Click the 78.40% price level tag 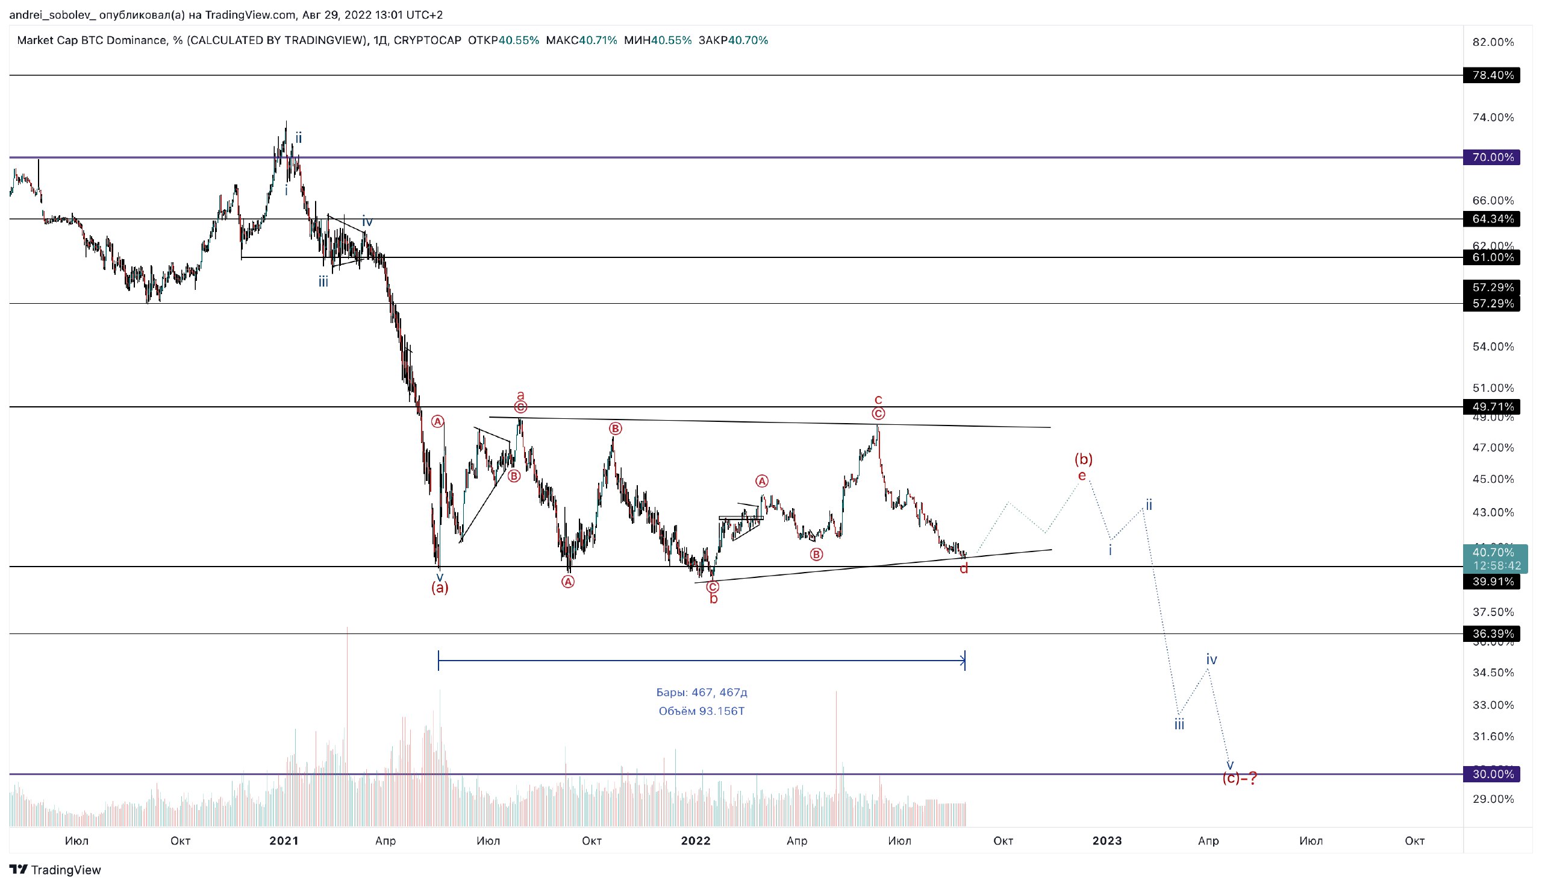pos(1492,75)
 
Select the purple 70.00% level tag pos(1492,157)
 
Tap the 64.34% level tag pos(1492,219)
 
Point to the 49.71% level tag pos(1492,406)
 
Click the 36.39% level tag pos(1492,634)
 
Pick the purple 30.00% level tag pos(1492,774)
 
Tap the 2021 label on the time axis pos(284,841)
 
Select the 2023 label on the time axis pos(1107,841)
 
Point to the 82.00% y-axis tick pos(1493,42)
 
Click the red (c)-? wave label pos(1239,778)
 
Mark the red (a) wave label pos(440,588)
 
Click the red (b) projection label pos(1083,459)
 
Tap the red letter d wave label pos(963,569)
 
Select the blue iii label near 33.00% pos(1179,724)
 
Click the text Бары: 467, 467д pos(701,693)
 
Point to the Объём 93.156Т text pos(701,711)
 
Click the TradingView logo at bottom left pos(55,870)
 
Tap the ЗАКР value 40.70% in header pos(748,41)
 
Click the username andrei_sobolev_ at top pos(52,14)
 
